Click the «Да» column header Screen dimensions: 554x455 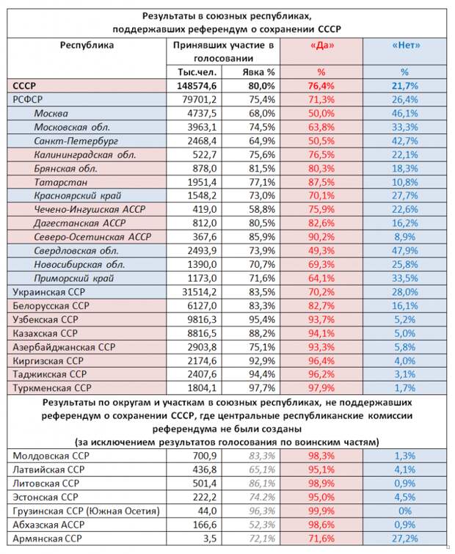click(x=321, y=45)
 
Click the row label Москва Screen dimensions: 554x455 click(x=51, y=114)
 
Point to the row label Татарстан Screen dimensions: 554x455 click(x=59, y=182)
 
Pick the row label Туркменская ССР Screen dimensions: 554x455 click(x=52, y=387)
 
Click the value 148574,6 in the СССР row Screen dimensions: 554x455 click(x=194, y=86)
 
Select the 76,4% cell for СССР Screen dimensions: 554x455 click(x=320, y=86)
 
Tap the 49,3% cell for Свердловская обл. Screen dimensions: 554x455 click(x=320, y=250)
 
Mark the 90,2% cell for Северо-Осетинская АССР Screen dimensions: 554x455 click(x=320, y=237)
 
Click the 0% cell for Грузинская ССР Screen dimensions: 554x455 click(x=406, y=511)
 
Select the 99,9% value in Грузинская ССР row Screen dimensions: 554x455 click(x=320, y=511)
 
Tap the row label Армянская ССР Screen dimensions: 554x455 click(x=45, y=539)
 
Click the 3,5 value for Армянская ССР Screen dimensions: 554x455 click(x=208, y=539)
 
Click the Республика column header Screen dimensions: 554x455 click(x=87, y=45)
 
